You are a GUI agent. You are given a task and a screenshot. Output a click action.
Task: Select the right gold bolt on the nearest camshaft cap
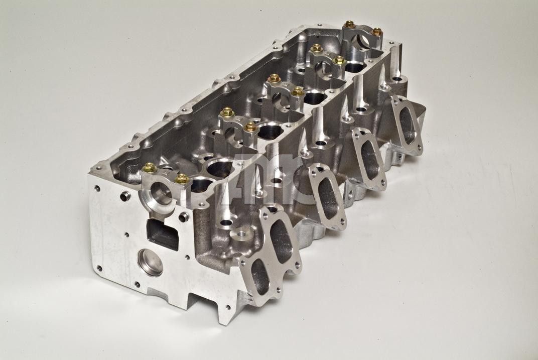click(x=182, y=179)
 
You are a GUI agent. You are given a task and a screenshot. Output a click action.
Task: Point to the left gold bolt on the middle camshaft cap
click(x=274, y=78)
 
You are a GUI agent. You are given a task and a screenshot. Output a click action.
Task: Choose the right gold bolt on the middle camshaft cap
click(x=298, y=91)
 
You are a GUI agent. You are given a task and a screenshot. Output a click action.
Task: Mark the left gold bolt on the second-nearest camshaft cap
click(x=226, y=112)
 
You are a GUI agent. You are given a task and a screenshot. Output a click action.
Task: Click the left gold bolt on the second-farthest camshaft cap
click(x=316, y=48)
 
